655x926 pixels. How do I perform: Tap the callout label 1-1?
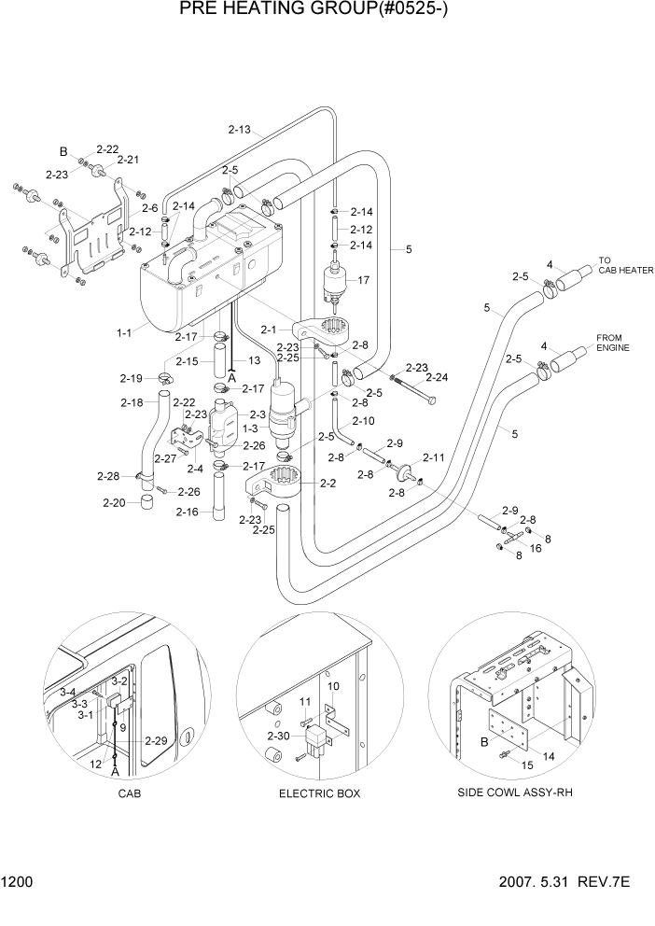tap(124, 331)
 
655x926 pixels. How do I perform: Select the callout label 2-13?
tap(240, 130)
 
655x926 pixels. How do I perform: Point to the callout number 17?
tap(364, 279)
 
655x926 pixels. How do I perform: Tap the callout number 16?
tap(536, 549)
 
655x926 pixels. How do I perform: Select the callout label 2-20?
tap(112, 503)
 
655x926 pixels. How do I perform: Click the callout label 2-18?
tap(132, 402)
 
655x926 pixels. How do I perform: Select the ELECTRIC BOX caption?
tap(319, 793)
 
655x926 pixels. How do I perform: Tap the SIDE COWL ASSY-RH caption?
tap(515, 793)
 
